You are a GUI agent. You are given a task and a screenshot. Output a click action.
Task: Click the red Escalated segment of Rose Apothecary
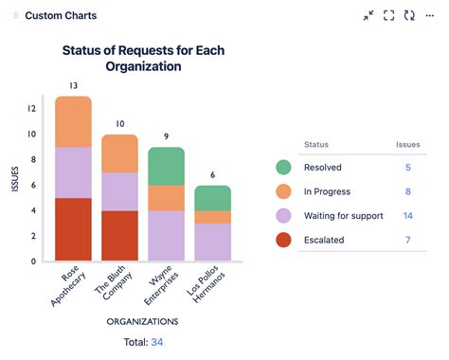(x=73, y=229)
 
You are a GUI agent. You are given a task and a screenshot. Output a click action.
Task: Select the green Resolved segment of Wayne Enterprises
(x=166, y=166)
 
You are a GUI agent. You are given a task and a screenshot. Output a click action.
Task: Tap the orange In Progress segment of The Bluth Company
(x=119, y=153)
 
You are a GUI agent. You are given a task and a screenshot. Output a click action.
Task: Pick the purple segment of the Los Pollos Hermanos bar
(x=211, y=242)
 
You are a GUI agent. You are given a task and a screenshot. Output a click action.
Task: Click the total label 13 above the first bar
(x=73, y=86)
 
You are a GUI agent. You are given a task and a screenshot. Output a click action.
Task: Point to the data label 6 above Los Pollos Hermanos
(x=211, y=175)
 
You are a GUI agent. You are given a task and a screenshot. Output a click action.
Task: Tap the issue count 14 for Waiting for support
(x=407, y=216)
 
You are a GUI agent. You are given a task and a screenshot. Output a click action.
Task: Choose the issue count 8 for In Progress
(x=408, y=191)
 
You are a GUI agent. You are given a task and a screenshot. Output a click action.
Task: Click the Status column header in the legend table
(x=315, y=145)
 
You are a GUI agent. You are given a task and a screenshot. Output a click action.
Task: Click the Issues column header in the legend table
(x=407, y=145)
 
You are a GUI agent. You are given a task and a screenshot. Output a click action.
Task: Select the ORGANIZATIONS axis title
(x=142, y=321)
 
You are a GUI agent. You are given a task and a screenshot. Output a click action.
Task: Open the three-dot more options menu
(x=430, y=15)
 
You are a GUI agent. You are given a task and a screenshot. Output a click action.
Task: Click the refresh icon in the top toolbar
(x=409, y=15)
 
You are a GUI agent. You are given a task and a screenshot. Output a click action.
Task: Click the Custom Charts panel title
(x=61, y=16)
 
